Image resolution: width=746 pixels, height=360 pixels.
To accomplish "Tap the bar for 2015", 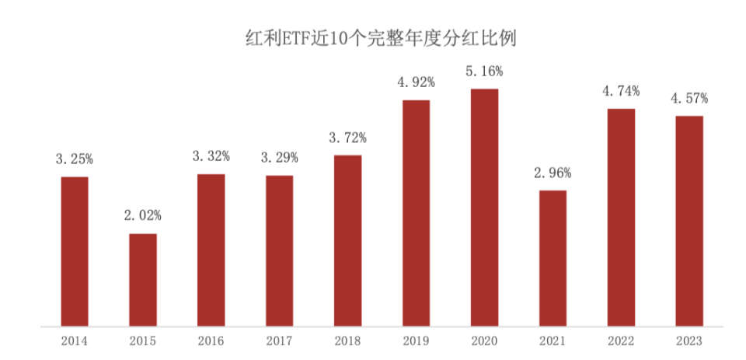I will pos(143,280).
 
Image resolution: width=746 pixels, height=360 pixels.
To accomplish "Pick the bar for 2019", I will pos(417,213).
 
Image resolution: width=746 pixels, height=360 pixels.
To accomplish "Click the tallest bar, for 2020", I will pos(485,208).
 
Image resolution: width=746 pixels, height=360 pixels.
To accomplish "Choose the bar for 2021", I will pos(553,258).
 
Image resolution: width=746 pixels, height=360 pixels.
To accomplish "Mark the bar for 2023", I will pos(689,221).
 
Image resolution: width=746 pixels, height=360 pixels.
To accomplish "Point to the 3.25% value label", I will pos(75,159).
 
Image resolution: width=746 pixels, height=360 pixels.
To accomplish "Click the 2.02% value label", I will pos(143,215).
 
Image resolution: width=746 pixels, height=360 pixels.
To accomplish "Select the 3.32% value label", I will pos(211,156).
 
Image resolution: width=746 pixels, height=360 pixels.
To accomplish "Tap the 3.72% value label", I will pos(348,138).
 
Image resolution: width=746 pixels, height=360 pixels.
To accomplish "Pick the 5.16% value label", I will pos(485,72).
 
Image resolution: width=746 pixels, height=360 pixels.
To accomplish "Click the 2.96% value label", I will pos(553,173).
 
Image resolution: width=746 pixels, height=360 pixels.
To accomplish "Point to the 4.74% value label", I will pos(621,91).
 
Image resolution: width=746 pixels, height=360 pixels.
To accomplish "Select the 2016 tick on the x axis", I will pos(211,341).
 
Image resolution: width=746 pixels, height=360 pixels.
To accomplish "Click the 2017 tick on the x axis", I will pos(280,341).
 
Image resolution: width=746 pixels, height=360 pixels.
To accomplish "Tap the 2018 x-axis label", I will pos(348,341).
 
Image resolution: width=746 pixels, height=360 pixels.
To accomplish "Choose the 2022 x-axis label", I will pos(621,341).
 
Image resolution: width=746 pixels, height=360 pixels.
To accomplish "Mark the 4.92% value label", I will pos(417,82).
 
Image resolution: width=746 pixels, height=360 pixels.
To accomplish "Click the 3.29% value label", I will pos(280,158).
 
